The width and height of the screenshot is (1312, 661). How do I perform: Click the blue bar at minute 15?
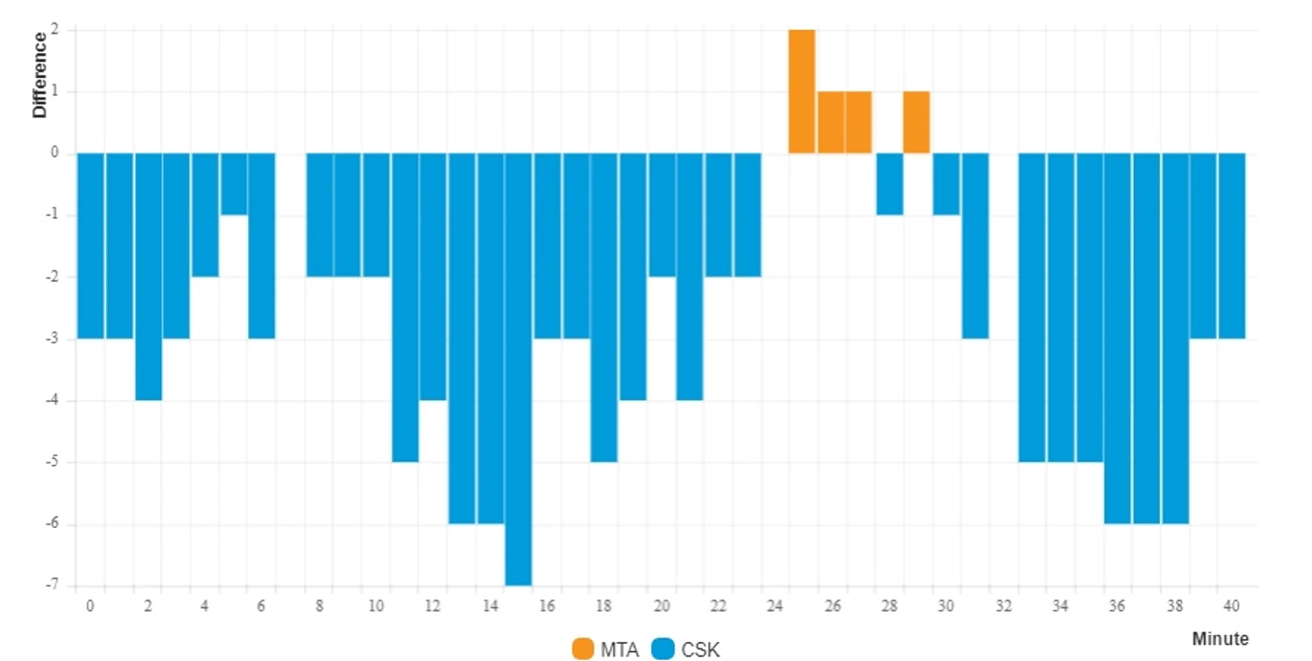coord(519,368)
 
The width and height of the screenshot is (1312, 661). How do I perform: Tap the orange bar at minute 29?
coord(917,122)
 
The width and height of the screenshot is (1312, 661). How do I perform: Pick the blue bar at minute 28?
coord(889,184)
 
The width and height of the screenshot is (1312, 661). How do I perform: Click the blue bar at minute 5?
coord(234,184)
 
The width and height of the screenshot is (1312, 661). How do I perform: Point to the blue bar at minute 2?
coord(148,277)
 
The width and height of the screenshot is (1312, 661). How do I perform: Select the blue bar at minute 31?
coord(975,245)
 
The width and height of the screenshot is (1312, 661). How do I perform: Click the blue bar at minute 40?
coord(1231,245)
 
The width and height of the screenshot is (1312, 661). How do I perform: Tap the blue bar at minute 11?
coord(405,307)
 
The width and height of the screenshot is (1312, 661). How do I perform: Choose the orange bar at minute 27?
coord(859,122)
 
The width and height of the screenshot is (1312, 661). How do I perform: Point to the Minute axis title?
coord(1219,639)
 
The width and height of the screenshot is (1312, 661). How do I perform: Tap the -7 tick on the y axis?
coord(53,585)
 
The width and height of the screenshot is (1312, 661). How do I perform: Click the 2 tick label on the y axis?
coord(55,30)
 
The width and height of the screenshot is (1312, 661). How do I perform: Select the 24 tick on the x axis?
coord(775,606)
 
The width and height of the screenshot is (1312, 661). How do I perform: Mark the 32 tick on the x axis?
coord(1004,606)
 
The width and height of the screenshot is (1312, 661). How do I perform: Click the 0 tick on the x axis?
coord(90,606)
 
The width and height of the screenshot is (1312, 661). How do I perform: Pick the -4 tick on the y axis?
coord(53,401)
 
